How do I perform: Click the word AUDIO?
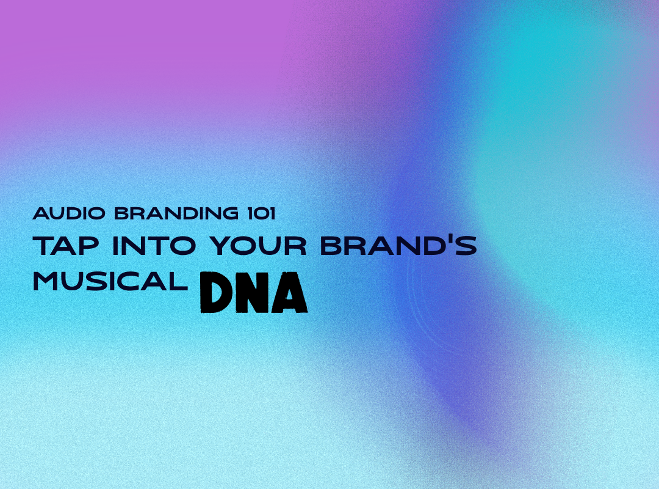pyautogui.click(x=69, y=213)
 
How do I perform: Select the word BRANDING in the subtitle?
pyautogui.click(x=176, y=213)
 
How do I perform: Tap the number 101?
pyautogui.click(x=261, y=213)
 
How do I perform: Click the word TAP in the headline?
pyautogui.click(x=65, y=246)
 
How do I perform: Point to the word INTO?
pyautogui.click(x=154, y=246)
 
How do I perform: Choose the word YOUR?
pyautogui.click(x=258, y=246)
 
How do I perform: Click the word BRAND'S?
pyautogui.click(x=398, y=246)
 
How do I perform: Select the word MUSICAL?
pyautogui.click(x=110, y=281)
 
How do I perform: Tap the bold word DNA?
pyautogui.click(x=253, y=292)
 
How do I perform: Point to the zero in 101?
pyautogui.click(x=261, y=213)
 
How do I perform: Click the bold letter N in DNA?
pyautogui.click(x=253, y=292)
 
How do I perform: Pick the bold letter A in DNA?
pyautogui.click(x=290, y=292)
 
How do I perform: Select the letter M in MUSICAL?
pyautogui.click(x=46, y=281)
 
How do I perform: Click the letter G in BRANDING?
pyautogui.click(x=229, y=213)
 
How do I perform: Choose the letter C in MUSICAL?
pyautogui.click(x=129, y=281)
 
